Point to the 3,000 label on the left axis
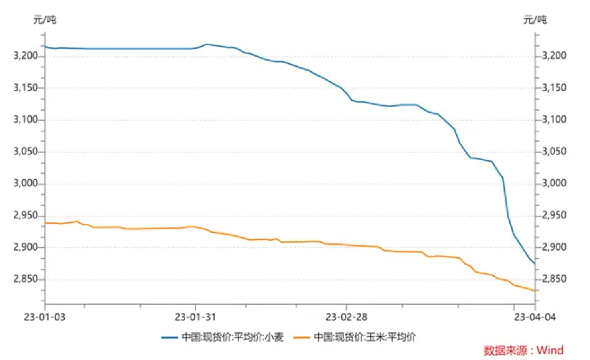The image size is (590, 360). pyautogui.click(x=25, y=183)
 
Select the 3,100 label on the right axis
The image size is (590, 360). pyautogui.click(x=554, y=119)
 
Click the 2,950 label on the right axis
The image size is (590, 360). pyautogui.click(x=554, y=215)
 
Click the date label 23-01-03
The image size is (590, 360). pyautogui.click(x=45, y=317)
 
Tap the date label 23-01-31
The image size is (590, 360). pyautogui.click(x=195, y=317)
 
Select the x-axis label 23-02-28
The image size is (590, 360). pyautogui.click(x=346, y=317)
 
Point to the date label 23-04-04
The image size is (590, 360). pyautogui.click(x=535, y=317)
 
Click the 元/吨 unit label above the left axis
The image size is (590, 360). pyautogui.click(x=45, y=20)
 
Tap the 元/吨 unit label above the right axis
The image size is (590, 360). pyautogui.click(x=535, y=20)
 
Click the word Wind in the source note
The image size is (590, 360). pyautogui.click(x=550, y=350)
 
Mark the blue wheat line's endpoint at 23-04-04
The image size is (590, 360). pyautogui.click(x=535, y=263)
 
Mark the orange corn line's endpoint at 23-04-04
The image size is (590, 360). pyautogui.click(x=535, y=291)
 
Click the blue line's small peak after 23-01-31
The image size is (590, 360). pyautogui.click(x=207, y=44)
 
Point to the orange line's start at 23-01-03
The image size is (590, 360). pyautogui.click(x=45, y=223)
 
